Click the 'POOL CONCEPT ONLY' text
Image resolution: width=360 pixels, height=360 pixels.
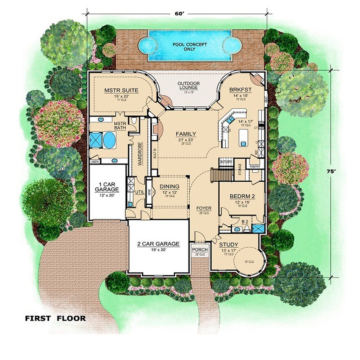[x=189, y=47]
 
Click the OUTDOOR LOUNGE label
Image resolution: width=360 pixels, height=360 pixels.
[x=188, y=85]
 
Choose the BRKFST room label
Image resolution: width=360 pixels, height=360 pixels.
[x=240, y=90]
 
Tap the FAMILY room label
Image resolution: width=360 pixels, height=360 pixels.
[x=186, y=134]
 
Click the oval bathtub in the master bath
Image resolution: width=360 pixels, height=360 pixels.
[x=109, y=140]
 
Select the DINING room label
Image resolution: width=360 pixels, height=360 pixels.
[x=169, y=186]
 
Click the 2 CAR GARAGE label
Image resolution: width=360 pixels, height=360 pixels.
[x=158, y=244]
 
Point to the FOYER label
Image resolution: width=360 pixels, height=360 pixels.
[x=204, y=208]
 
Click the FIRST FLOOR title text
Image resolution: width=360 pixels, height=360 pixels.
[x=55, y=318]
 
